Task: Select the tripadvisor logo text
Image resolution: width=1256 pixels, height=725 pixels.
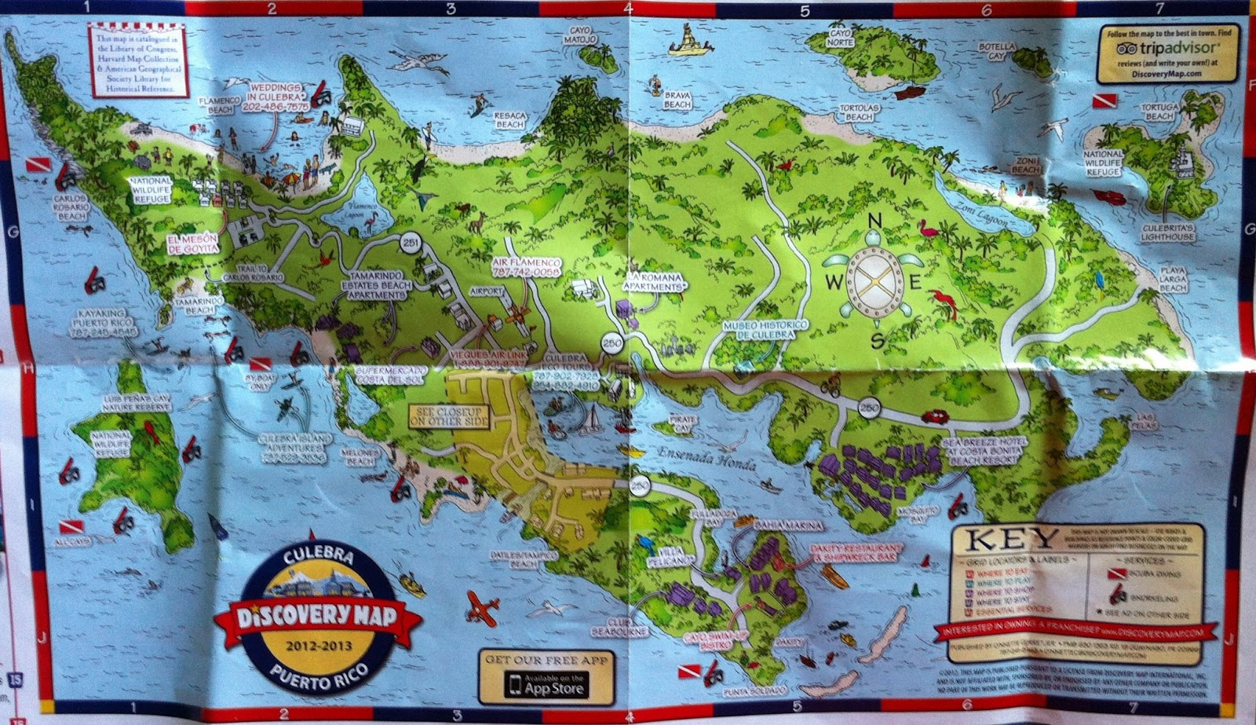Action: [1167, 48]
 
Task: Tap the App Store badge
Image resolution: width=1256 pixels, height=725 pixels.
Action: [546, 683]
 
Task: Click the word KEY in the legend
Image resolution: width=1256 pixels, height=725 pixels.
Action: [1010, 540]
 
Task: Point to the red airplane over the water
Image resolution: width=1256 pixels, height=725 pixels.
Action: [483, 607]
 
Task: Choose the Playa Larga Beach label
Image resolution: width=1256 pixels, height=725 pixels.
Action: [1173, 279]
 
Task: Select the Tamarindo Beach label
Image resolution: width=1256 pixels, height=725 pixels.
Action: [194, 305]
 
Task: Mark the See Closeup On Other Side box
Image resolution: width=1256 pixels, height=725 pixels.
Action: [449, 416]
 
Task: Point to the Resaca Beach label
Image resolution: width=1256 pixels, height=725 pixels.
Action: [509, 119]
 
